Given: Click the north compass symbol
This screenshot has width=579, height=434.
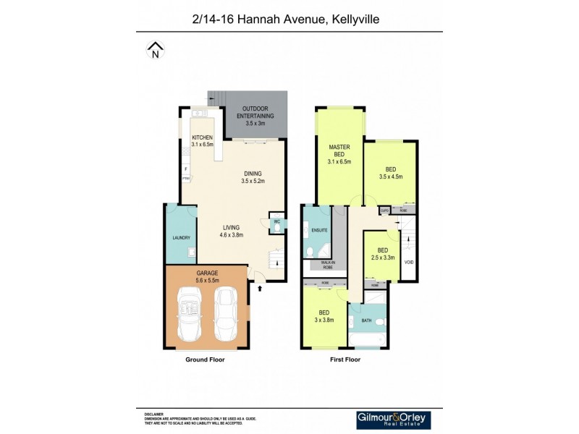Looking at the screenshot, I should (x=155, y=50).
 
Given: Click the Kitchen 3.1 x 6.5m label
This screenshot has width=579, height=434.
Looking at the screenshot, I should (x=201, y=140).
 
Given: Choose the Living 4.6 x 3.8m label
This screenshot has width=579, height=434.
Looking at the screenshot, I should (x=231, y=231).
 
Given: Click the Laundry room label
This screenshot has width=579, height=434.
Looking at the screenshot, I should (x=181, y=237).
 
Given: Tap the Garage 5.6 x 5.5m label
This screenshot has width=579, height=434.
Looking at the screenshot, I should (x=207, y=276).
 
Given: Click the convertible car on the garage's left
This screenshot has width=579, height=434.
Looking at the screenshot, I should (x=190, y=313).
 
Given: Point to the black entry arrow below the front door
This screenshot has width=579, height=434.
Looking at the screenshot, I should (x=259, y=288).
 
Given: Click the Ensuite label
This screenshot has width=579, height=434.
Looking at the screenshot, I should (x=319, y=231).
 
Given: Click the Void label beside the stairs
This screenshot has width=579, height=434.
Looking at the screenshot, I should (x=409, y=262).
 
